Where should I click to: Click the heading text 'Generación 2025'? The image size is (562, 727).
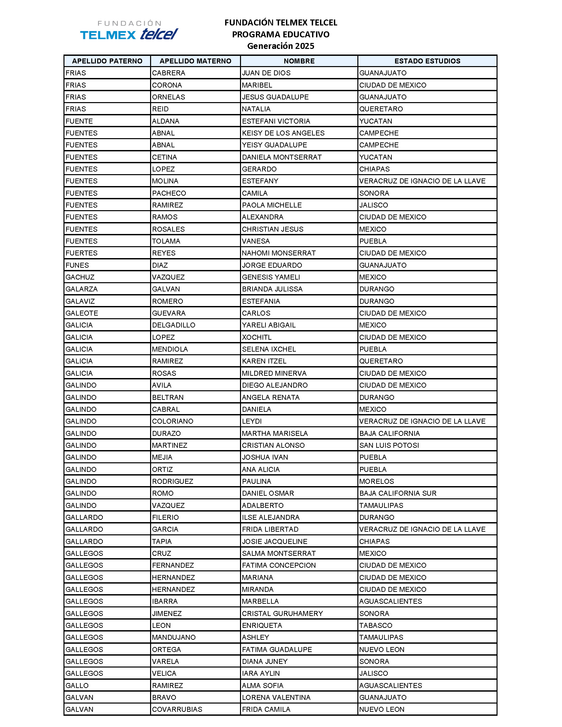[280, 46]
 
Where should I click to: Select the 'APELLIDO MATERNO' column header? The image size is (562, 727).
[195, 61]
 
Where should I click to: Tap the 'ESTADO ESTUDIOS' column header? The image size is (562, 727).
[427, 61]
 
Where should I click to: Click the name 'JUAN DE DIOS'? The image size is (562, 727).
[266, 73]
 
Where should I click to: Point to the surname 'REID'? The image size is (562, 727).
[160, 109]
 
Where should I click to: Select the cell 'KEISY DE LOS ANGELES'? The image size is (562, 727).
[283, 133]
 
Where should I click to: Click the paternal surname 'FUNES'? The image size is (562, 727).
[77, 265]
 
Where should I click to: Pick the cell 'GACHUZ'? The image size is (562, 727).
[80, 277]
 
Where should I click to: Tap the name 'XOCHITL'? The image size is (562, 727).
[257, 337]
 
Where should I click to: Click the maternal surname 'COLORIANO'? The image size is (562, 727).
[173, 421]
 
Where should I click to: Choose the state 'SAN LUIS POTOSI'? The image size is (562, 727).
[389, 445]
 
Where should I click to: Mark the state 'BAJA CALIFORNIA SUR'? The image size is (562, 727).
[397, 493]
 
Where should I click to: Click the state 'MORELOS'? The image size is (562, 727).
[377, 481]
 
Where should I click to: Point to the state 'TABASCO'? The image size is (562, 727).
[376, 625]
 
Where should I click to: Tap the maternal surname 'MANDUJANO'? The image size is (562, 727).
[174, 637]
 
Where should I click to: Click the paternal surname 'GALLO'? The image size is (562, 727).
[77, 685]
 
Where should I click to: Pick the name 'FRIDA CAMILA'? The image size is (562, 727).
[266, 709]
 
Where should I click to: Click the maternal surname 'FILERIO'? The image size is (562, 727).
[166, 517]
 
